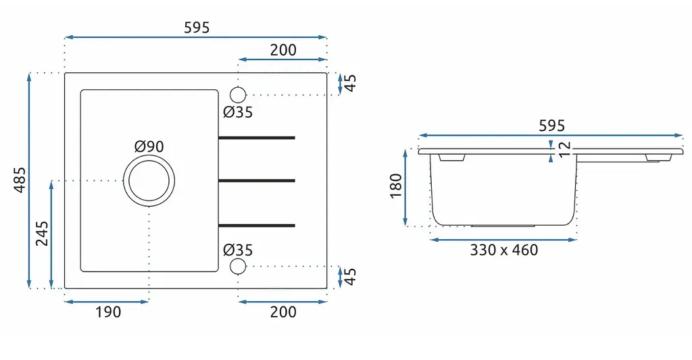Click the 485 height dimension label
[20, 180]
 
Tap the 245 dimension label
[43, 234]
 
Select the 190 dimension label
[108, 312]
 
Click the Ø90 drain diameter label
[149, 147]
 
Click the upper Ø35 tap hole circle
[238, 95]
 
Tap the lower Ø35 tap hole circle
[238, 267]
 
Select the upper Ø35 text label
[238, 112]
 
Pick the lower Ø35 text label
[238, 250]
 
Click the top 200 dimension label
[283, 50]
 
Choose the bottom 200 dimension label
[283, 312]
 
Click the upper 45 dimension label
[351, 83]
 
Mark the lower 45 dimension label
[351, 277]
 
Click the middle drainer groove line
[257, 180]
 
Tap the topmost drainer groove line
[257, 138]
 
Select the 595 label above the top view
[197, 28]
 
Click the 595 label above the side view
[551, 126]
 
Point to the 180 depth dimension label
[396, 186]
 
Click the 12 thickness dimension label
[564, 149]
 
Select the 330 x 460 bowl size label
[504, 250]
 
